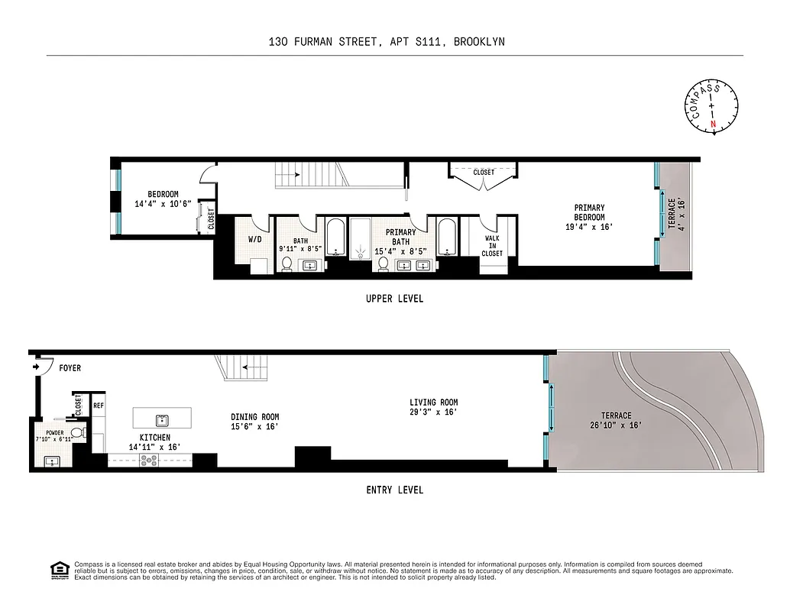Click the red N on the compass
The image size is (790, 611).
[x=714, y=124]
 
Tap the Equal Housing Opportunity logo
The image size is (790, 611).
[x=57, y=570]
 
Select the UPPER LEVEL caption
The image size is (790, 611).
[x=394, y=299]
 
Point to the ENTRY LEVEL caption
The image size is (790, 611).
[x=394, y=490]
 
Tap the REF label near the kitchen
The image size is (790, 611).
[x=99, y=406]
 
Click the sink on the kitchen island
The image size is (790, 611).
[x=162, y=419]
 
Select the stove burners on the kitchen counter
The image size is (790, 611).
[x=148, y=460]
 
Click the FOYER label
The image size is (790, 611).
[x=70, y=368]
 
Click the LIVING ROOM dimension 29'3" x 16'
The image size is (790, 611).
[x=433, y=412]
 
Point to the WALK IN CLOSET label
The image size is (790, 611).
[x=493, y=246]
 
